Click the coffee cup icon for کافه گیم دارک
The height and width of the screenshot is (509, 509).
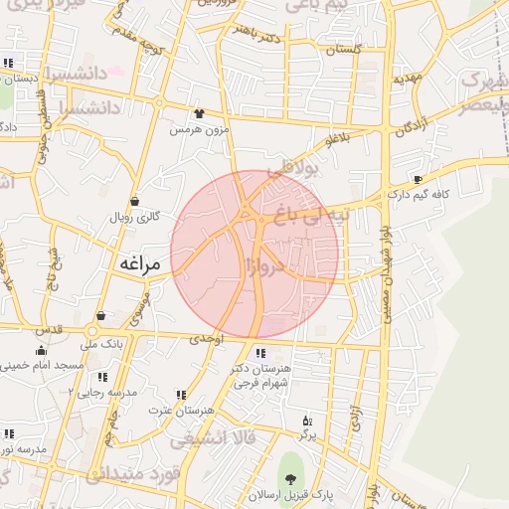click(x=418, y=179)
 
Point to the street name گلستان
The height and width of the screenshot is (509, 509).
click(x=342, y=49)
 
